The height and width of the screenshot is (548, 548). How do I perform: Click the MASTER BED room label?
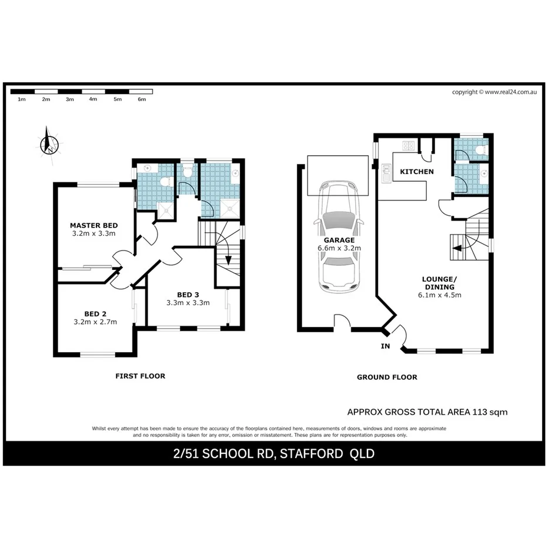click(x=93, y=225)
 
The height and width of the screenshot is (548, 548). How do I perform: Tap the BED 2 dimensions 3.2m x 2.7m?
click(x=95, y=322)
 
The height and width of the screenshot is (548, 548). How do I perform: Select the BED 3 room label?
click(x=188, y=294)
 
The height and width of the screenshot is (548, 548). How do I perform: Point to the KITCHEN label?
click(x=416, y=172)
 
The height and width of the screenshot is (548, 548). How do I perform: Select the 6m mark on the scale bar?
click(x=141, y=99)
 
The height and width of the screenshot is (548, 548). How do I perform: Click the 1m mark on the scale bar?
click(x=22, y=99)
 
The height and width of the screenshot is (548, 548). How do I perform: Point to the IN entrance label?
click(x=385, y=346)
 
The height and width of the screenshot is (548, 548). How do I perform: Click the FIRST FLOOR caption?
click(x=140, y=376)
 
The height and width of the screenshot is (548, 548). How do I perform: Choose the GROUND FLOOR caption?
click(x=387, y=377)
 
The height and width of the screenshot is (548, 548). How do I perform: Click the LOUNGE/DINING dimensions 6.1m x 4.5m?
click(x=440, y=295)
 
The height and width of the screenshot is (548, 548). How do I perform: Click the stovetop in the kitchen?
click(x=407, y=145)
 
